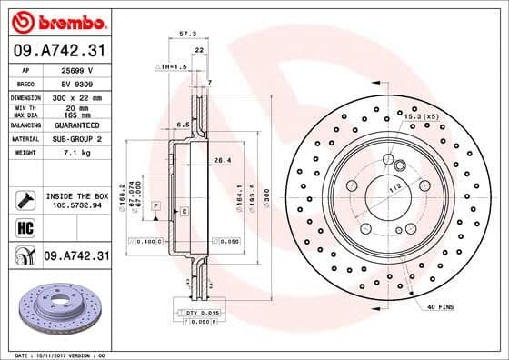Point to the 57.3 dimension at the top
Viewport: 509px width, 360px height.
tap(188, 34)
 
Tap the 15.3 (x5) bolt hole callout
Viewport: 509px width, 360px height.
tap(421, 115)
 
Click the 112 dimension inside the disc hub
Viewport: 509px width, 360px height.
tap(396, 186)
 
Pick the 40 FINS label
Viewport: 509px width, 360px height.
tap(439, 307)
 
